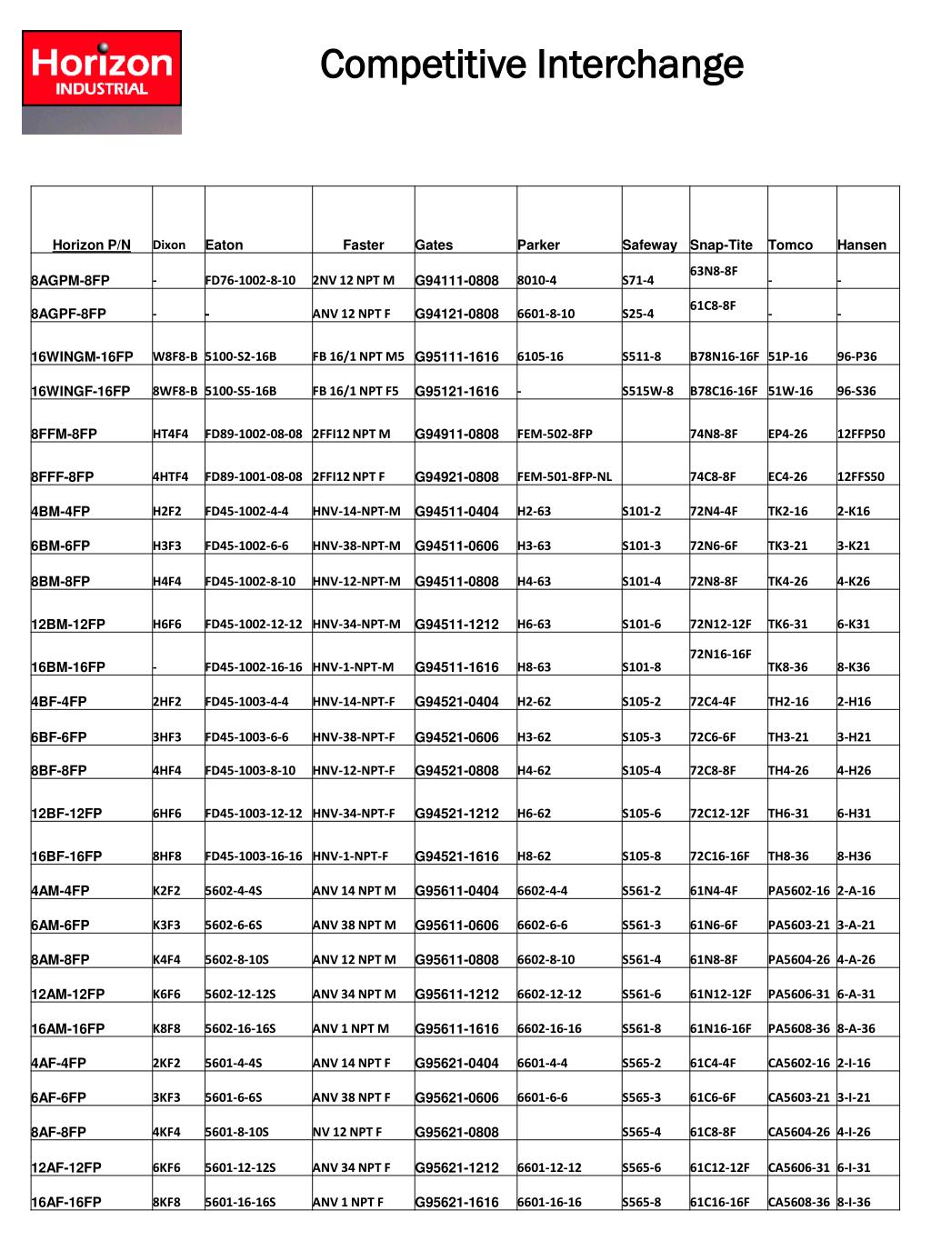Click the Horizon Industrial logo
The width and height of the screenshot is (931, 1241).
pyautogui.click(x=102, y=82)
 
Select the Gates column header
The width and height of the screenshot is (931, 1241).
pyautogui.click(x=434, y=245)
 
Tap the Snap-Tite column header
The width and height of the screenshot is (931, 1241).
pyautogui.click(x=721, y=245)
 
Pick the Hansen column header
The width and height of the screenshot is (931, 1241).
pyautogui.click(x=861, y=245)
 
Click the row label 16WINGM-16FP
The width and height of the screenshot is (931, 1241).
pyautogui.click(x=82, y=356)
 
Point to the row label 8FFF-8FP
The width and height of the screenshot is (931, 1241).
pyautogui.click(x=63, y=476)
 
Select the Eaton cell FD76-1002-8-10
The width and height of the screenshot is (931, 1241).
pyautogui.click(x=250, y=280)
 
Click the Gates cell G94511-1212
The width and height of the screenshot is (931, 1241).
pyautogui.click(x=456, y=625)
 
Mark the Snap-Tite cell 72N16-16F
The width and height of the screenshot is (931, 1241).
pyautogui.click(x=721, y=654)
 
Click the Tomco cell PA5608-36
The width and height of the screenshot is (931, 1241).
pyautogui.click(x=799, y=1028)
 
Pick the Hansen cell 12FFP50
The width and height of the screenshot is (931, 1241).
pyautogui.click(x=861, y=434)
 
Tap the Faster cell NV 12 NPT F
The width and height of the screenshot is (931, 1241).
pyautogui.click(x=347, y=1132)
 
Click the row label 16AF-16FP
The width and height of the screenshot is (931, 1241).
pyautogui.click(x=66, y=1202)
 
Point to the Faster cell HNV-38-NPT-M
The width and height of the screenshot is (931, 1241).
pyautogui.click(x=356, y=545)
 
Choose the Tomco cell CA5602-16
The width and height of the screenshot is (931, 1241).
pyautogui.click(x=799, y=1063)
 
